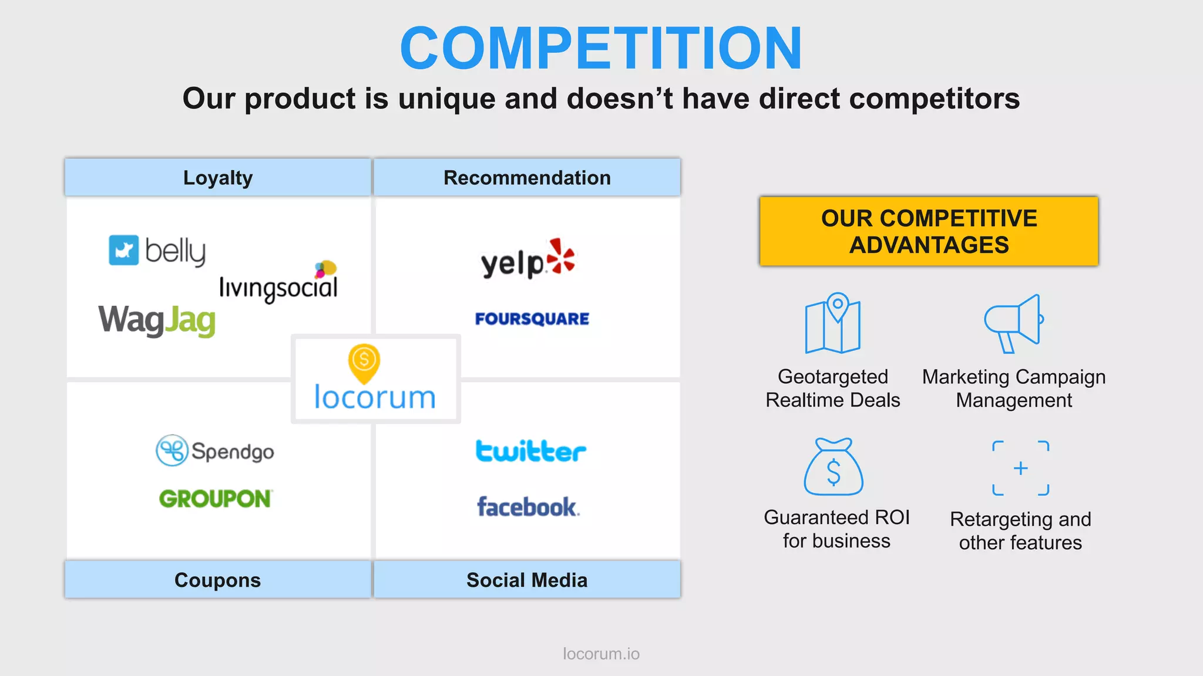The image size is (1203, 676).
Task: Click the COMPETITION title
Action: (601, 48)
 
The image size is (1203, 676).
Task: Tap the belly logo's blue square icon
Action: (123, 251)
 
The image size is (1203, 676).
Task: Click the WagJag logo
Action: (157, 320)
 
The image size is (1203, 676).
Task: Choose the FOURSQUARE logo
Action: (532, 319)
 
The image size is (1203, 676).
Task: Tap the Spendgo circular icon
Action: (172, 451)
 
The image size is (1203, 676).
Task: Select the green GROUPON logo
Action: (215, 499)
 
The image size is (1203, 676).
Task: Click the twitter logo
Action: (530, 451)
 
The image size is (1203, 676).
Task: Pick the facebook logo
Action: (527, 507)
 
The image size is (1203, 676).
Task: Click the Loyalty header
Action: (218, 177)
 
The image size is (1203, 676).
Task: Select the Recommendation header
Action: (527, 177)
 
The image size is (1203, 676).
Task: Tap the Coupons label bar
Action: (218, 580)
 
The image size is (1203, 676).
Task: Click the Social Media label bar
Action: (527, 580)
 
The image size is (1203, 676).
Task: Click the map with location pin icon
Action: (833, 323)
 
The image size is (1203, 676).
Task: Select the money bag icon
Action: (834, 468)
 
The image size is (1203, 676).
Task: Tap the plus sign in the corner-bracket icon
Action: (1021, 468)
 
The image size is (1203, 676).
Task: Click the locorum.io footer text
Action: (601, 654)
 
